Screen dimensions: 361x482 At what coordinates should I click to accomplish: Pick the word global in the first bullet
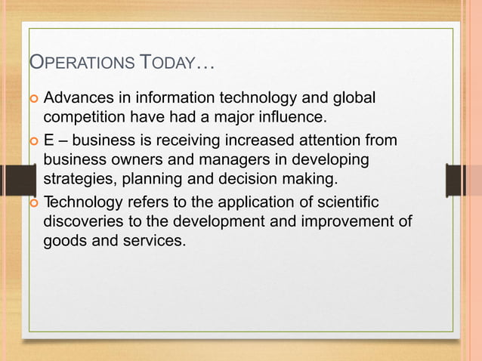point(354,99)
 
